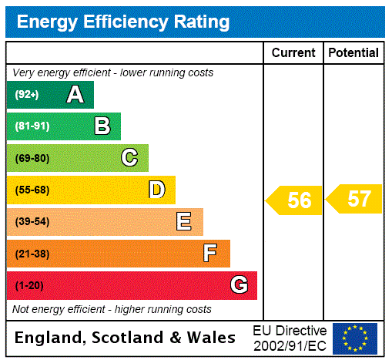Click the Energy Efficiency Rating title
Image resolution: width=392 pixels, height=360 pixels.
[x=123, y=22]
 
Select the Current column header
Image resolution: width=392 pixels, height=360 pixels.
[x=293, y=53]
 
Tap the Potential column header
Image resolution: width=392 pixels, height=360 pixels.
[x=353, y=53]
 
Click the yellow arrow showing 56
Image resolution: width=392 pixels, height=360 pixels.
[x=295, y=200]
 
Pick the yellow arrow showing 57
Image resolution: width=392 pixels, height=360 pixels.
[x=355, y=199]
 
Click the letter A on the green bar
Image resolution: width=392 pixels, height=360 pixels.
[x=75, y=95]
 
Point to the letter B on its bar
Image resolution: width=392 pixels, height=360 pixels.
[x=102, y=126]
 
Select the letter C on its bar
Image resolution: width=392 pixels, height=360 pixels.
[x=129, y=158]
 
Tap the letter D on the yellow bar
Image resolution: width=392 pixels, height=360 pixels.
[x=156, y=190]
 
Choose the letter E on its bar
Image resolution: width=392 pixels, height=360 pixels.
[x=184, y=222]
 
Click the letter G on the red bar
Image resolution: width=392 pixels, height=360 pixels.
[x=239, y=285]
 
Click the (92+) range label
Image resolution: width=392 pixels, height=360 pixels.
[x=26, y=96]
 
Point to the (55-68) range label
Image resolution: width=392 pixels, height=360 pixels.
[x=32, y=190]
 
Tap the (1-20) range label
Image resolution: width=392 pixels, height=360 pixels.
[x=29, y=286]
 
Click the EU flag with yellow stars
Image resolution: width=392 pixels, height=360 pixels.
[x=355, y=338]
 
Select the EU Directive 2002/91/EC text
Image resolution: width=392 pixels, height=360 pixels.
[x=290, y=338]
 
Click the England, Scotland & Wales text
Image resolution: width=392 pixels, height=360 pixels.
[x=126, y=338]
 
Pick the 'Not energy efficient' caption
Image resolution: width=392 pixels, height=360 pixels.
[x=112, y=309]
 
